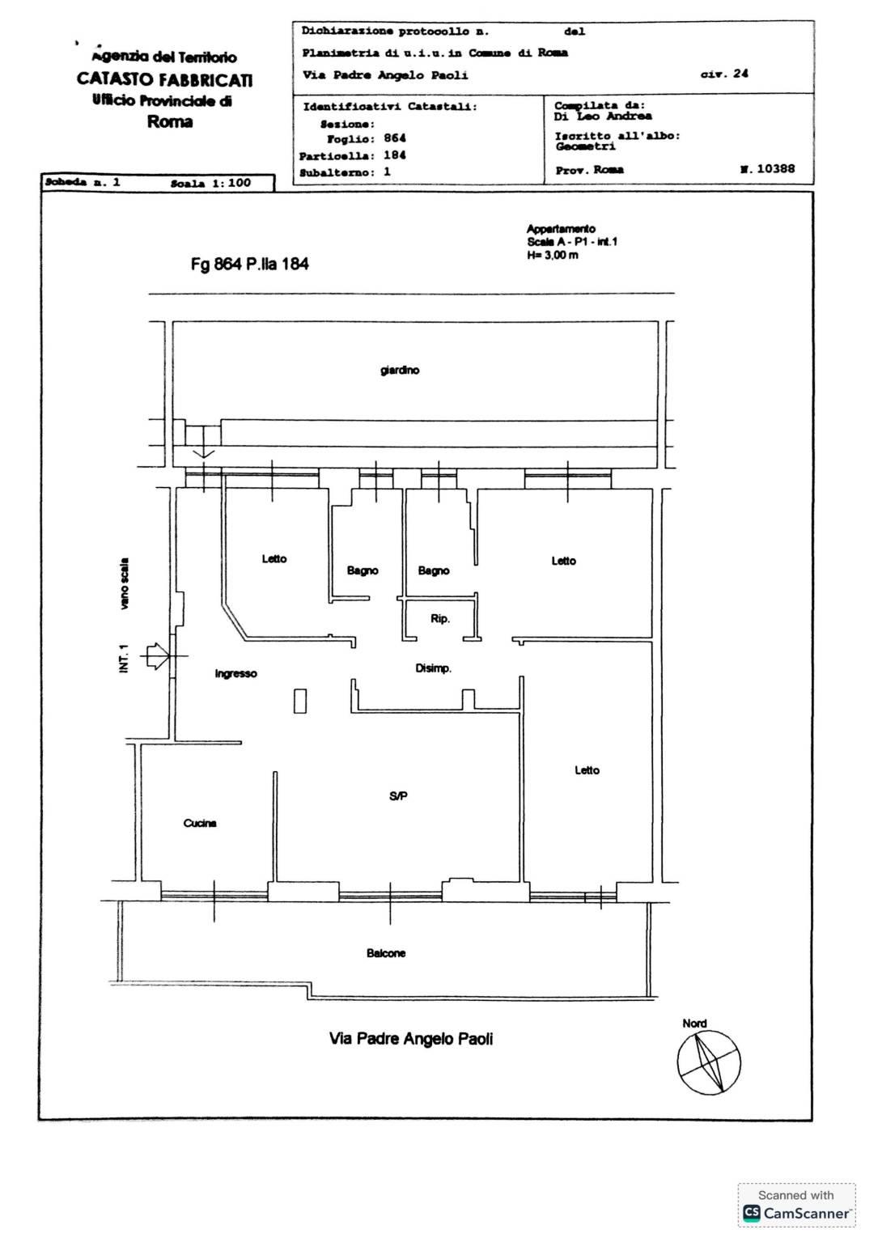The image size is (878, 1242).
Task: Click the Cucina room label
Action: click(x=200, y=824)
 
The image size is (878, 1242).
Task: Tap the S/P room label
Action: click(x=398, y=796)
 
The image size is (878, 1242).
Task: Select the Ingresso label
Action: click(x=235, y=674)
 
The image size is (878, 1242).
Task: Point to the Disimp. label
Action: click(x=433, y=668)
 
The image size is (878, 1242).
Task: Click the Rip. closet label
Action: click(x=440, y=618)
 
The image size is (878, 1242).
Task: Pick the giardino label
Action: click(x=399, y=370)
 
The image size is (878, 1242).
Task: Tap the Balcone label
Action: click(x=386, y=953)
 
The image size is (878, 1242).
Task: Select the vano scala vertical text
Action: click(x=125, y=583)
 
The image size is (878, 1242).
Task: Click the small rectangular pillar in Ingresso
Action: click(x=300, y=700)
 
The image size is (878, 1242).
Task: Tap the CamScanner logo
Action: click(x=751, y=1213)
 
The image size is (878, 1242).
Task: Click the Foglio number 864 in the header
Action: click(x=395, y=138)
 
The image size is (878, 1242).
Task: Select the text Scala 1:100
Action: click(x=210, y=183)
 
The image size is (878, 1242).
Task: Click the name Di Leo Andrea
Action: click(x=603, y=116)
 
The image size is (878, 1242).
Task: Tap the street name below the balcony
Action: click(x=411, y=1039)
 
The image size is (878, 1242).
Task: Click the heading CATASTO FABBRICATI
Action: click(x=165, y=79)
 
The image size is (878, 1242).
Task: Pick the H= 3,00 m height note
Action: click(x=553, y=255)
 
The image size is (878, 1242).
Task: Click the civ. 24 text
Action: click(x=724, y=73)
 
